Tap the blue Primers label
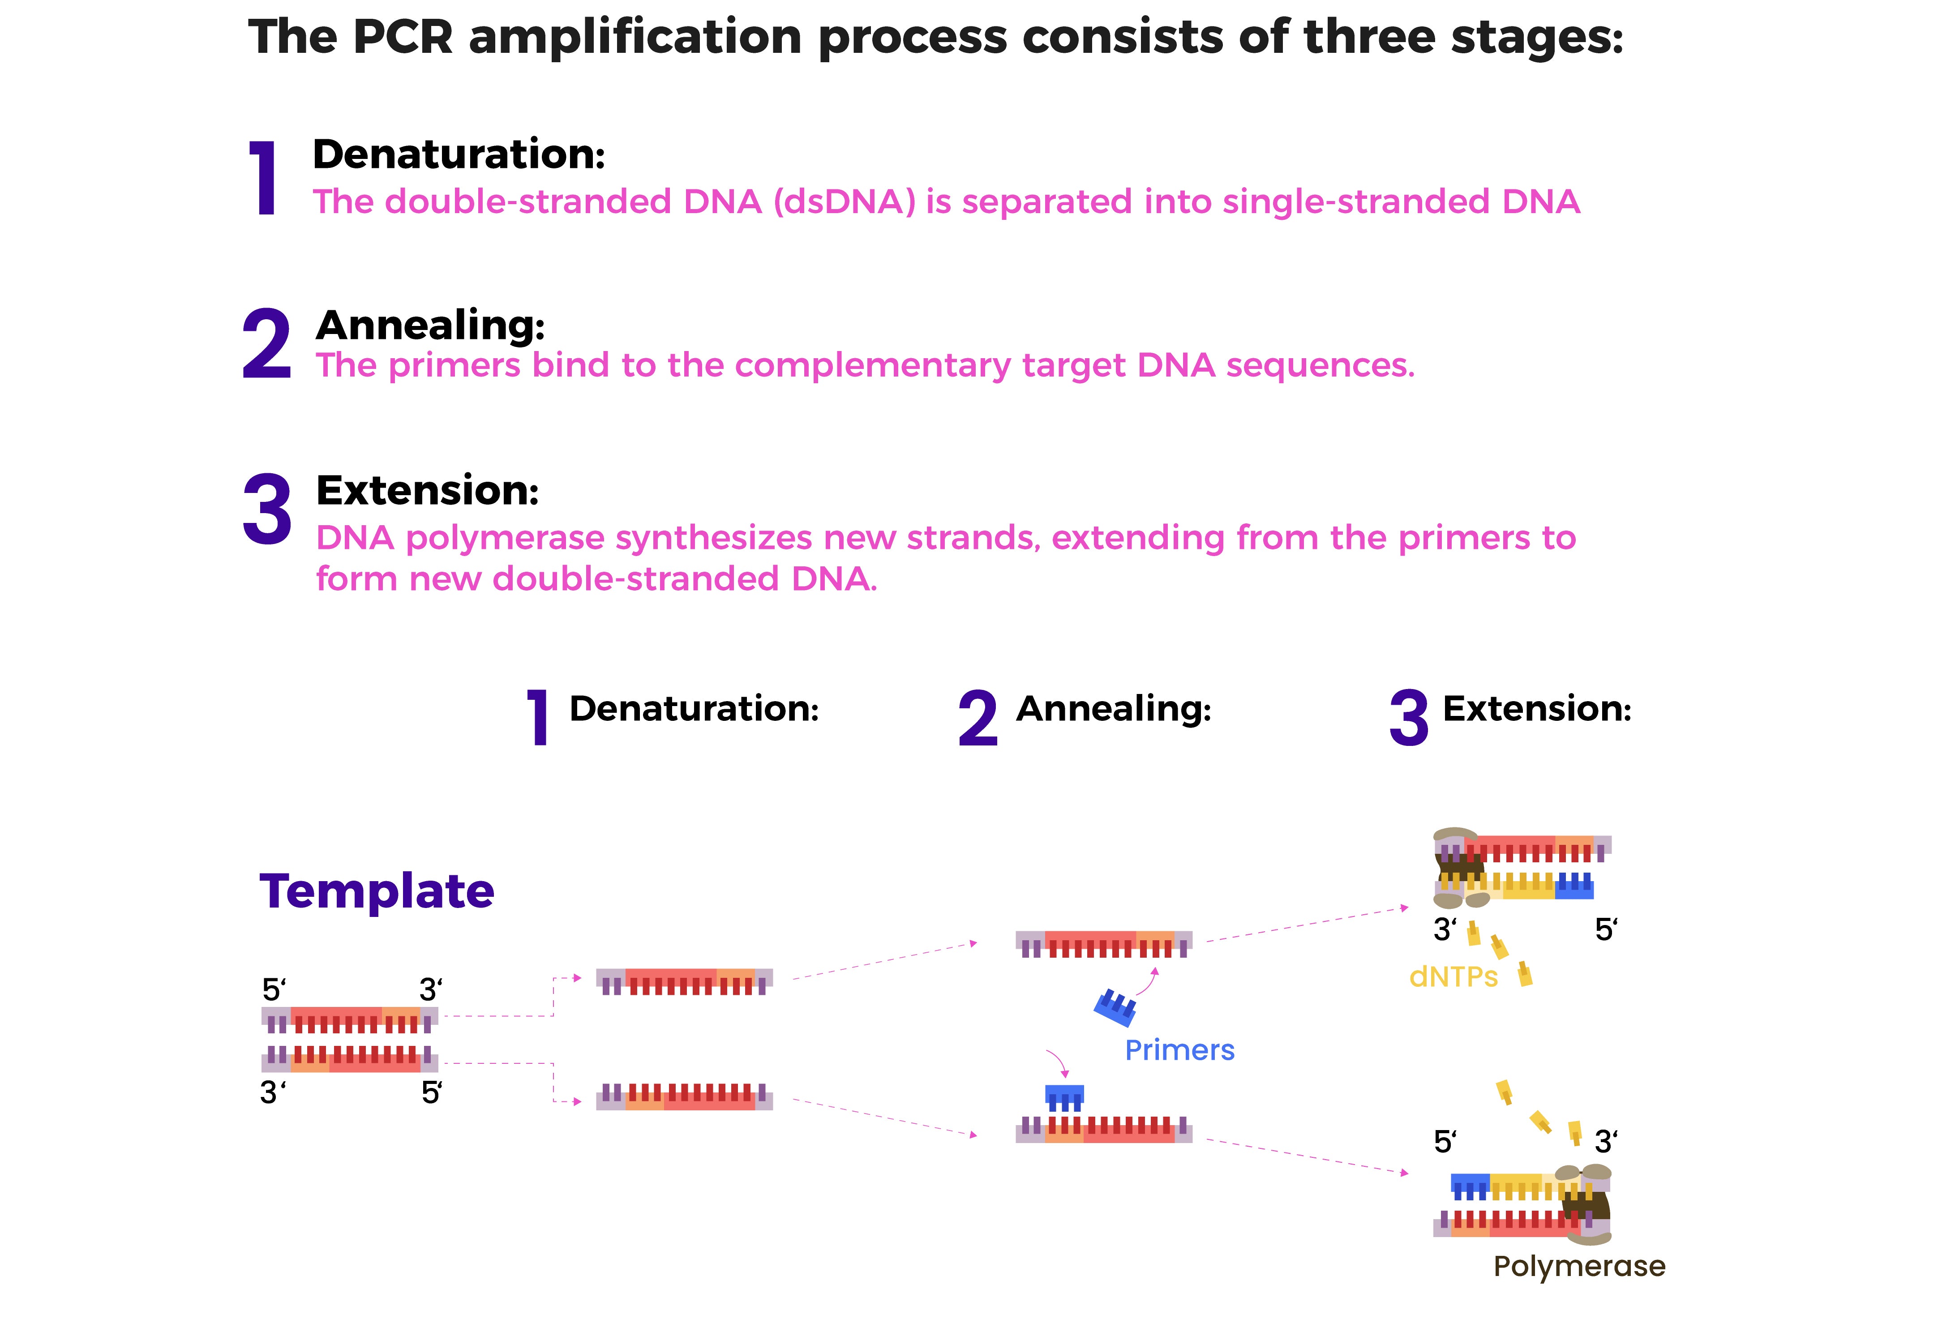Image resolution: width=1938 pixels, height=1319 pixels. tap(1179, 1050)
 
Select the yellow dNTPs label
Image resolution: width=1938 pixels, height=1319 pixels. tap(1453, 976)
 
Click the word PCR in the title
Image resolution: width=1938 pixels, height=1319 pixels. tap(402, 38)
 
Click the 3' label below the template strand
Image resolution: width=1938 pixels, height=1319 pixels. tap(273, 1092)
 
